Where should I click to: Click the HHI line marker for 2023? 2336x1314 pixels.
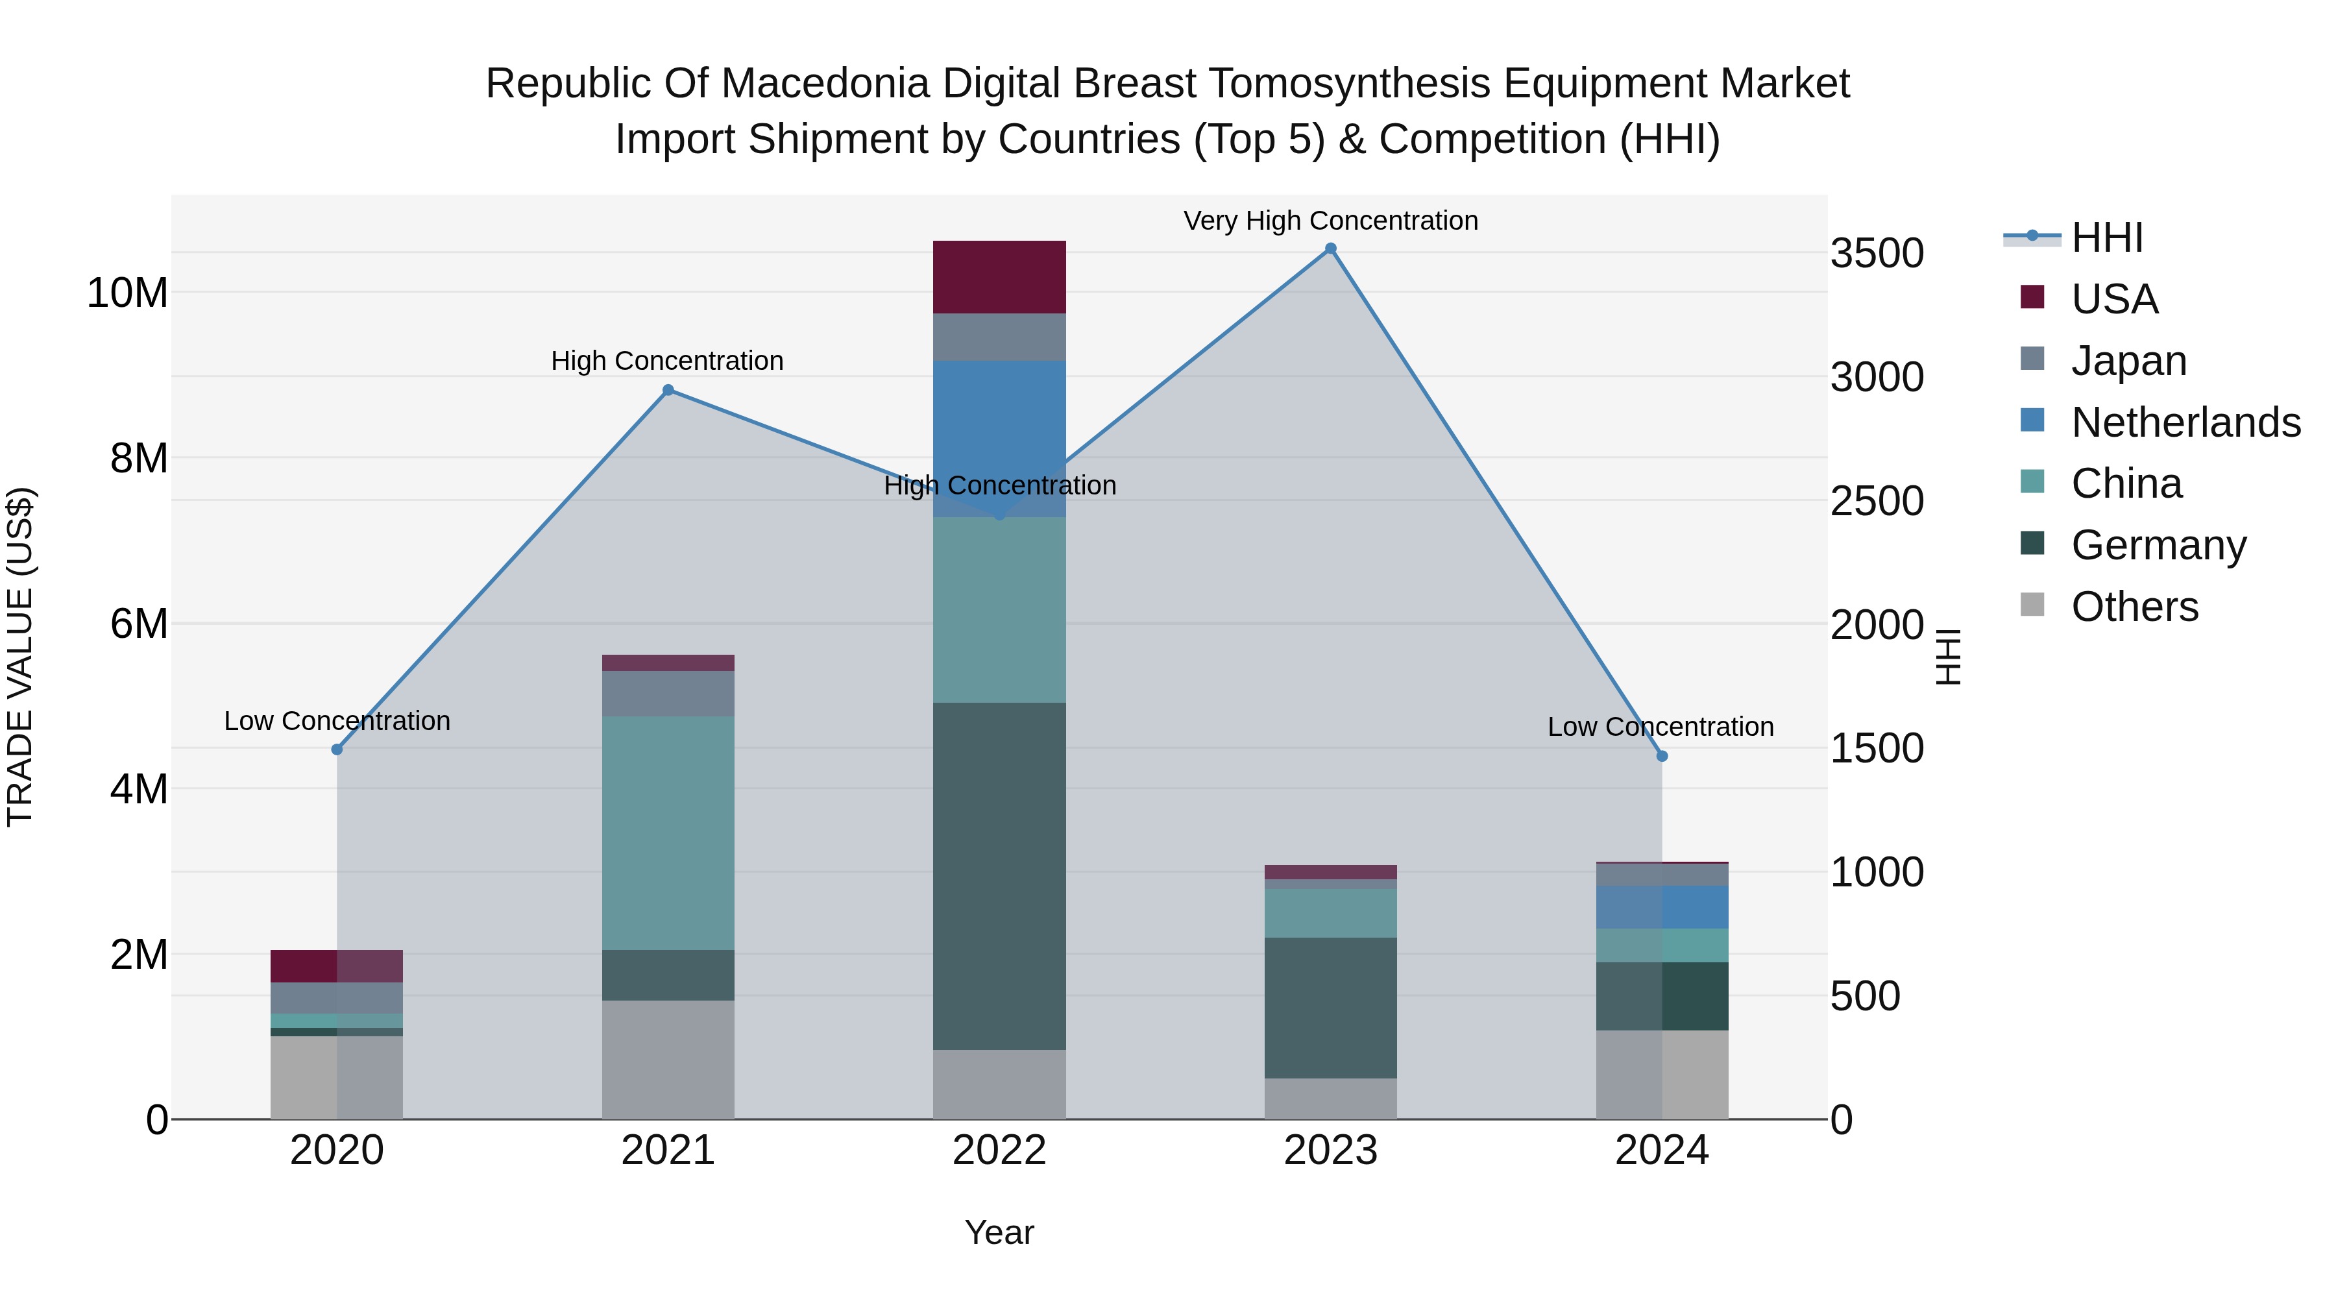(1330, 249)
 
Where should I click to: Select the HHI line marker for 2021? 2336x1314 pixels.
(668, 390)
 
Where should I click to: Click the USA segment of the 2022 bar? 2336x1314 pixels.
(999, 278)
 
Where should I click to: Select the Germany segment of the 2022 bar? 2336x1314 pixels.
(999, 875)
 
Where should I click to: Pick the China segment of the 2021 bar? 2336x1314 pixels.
(668, 833)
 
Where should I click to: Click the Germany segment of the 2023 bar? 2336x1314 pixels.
(1330, 1008)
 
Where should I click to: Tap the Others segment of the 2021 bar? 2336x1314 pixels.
(668, 1059)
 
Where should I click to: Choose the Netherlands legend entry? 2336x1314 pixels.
(2185, 422)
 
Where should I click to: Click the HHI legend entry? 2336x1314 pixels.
(2106, 237)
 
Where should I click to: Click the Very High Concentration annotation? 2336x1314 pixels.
(1330, 221)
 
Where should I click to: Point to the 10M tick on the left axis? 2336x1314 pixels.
(127, 293)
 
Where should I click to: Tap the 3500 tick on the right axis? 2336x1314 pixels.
(1876, 253)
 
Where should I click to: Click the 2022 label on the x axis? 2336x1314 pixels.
(999, 1150)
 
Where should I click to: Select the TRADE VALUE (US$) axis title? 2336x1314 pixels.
(20, 657)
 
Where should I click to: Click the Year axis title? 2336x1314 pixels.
(999, 1232)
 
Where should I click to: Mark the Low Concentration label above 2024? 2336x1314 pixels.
(1661, 726)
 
